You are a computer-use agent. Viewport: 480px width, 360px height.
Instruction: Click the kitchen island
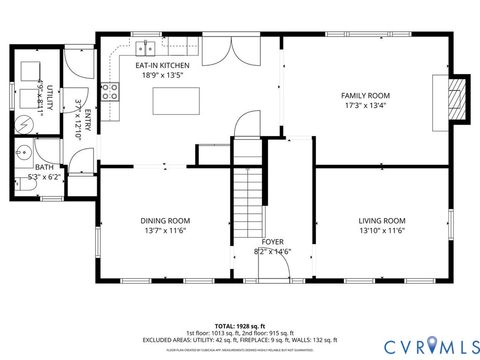[171, 101]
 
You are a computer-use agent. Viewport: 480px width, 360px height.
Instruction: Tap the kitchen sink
[146, 46]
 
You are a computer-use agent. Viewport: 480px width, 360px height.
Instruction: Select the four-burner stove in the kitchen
[111, 93]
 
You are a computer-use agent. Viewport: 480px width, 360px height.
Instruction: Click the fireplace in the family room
[457, 99]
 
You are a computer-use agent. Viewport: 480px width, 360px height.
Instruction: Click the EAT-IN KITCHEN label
[163, 64]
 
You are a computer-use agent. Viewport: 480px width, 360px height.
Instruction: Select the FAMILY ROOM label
[365, 95]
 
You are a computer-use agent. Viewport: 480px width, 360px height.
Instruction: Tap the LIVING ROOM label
[382, 220]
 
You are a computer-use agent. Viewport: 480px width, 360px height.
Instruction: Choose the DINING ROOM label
[165, 220]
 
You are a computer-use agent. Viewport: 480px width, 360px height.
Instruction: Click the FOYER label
[273, 242]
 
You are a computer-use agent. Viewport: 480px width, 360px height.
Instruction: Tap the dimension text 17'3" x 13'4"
[365, 106]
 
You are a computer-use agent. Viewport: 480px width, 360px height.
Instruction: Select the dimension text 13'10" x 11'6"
[382, 231]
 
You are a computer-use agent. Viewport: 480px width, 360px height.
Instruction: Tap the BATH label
[44, 167]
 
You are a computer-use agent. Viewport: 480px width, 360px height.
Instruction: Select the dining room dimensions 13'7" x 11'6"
[165, 231]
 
